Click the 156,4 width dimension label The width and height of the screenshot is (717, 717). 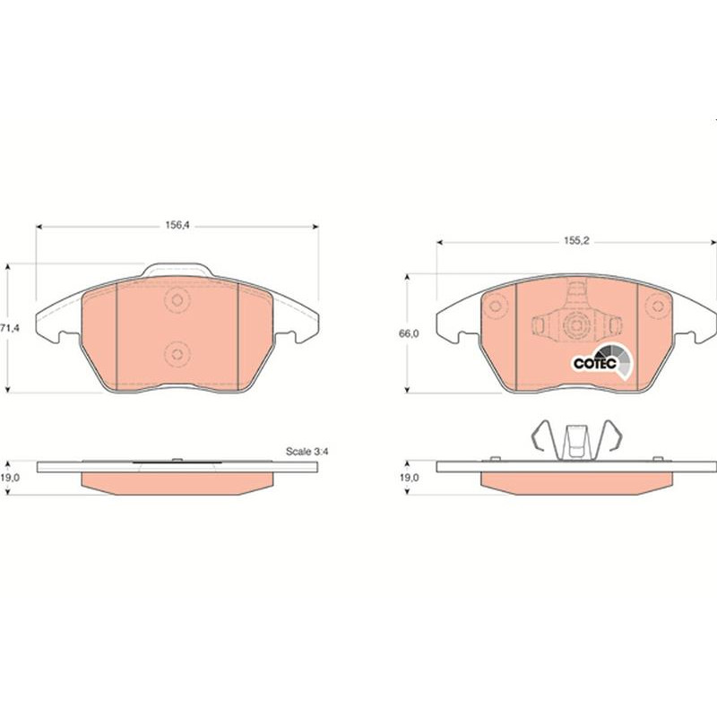(x=177, y=225)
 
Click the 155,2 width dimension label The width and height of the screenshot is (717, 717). (x=576, y=240)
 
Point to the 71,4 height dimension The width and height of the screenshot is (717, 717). (x=10, y=328)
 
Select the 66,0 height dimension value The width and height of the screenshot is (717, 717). (x=409, y=333)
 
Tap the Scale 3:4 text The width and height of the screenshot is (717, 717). (x=307, y=452)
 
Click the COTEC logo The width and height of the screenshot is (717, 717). (x=603, y=362)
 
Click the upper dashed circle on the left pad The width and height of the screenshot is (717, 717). (x=177, y=300)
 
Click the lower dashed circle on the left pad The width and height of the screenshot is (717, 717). (x=177, y=354)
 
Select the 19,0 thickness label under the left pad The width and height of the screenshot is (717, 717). (x=10, y=478)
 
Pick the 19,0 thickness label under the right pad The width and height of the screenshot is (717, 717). (x=409, y=478)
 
